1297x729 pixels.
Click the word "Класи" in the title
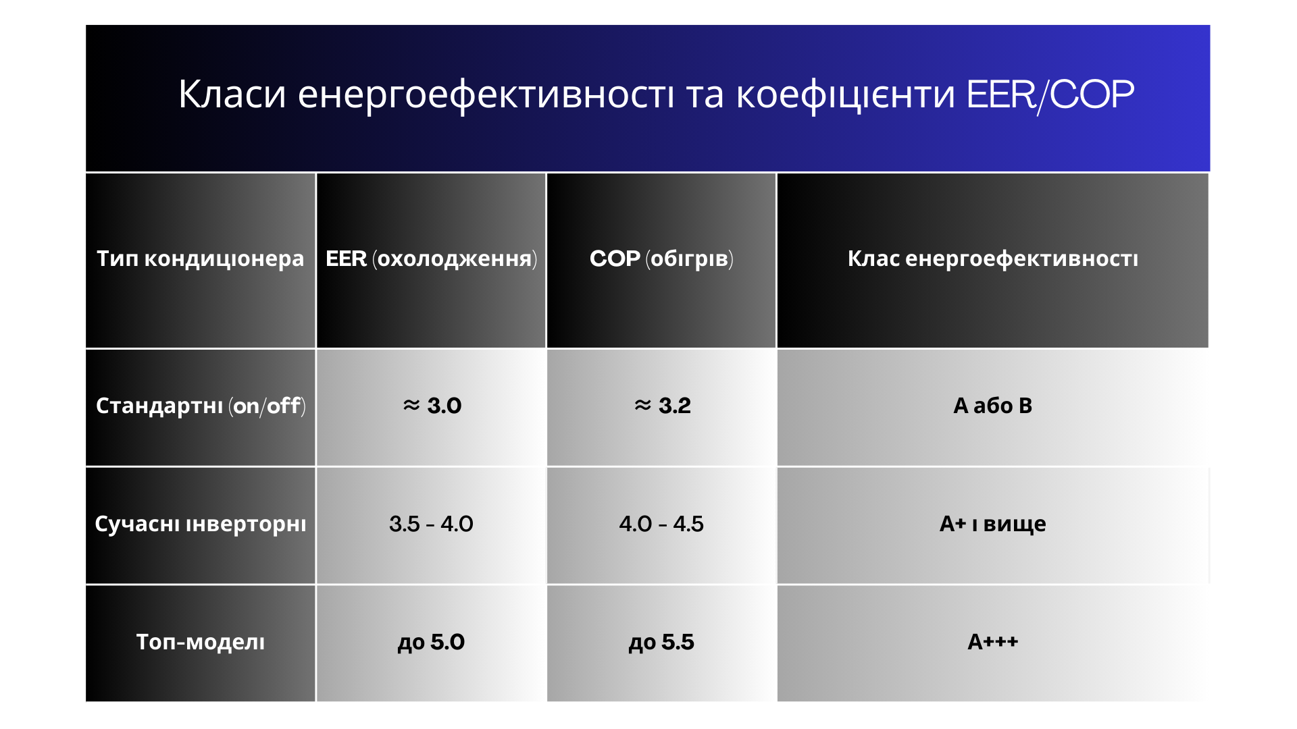pos(232,94)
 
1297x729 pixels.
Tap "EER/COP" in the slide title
pos(1050,94)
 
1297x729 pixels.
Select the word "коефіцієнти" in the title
pos(845,95)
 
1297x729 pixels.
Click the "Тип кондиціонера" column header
pos(201,259)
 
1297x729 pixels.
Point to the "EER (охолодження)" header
pos(431,259)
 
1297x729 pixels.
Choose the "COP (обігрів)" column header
pos(661,259)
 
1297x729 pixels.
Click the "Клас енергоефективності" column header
pos(993,259)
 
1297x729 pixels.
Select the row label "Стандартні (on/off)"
pos(201,406)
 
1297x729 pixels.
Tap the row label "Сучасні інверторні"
pos(201,524)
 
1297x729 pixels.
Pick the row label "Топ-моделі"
pos(201,642)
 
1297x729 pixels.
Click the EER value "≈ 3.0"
pos(432,406)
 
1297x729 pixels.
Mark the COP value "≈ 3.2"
pos(662,406)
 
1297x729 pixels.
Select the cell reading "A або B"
pos(993,406)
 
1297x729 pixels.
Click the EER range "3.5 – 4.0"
pos(431,524)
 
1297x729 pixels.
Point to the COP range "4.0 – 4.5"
pos(661,524)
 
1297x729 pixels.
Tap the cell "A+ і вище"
pos(993,524)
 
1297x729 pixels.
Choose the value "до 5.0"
pos(431,642)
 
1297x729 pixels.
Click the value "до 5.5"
pos(661,642)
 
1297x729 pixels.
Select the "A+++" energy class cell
pos(993,641)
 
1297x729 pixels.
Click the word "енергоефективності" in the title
pos(486,95)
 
